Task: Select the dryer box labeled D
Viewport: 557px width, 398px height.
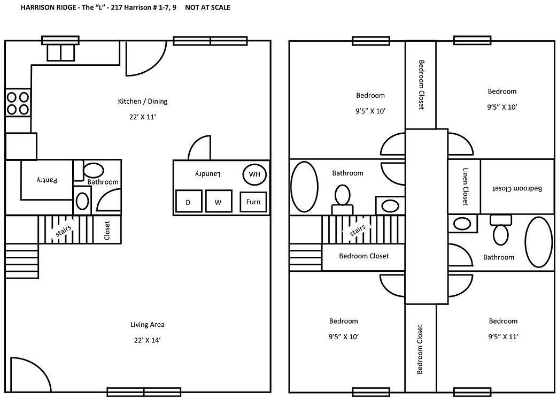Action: pyautogui.click(x=188, y=202)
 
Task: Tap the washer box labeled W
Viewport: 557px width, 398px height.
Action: pyautogui.click(x=218, y=202)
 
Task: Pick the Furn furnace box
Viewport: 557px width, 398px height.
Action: pyautogui.click(x=253, y=202)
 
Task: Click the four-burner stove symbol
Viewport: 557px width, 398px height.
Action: pyautogui.click(x=17, y=103)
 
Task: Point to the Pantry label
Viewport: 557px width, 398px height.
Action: pyautogui.click(x=46, y=181)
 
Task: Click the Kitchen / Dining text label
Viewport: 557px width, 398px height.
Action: pyautogui.click(x=143, y=101)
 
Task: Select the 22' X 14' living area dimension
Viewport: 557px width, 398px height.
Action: pyautogui.click(x=147, y=340)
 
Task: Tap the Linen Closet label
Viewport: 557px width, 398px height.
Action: pyautogui.click(x=465, y=187)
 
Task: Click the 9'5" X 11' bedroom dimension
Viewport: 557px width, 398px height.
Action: pyautogui.click(x=502, y=336)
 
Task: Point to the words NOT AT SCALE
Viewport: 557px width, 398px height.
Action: pyautogui.click(x=208, y=8)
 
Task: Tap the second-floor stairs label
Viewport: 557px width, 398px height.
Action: pyautogui.click(x=358, y=231)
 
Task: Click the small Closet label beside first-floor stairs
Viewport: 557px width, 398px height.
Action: pyautogui.click(x=106, y=230)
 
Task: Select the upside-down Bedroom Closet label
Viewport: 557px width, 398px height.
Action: pyautogui.click(x=517, y=188)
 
